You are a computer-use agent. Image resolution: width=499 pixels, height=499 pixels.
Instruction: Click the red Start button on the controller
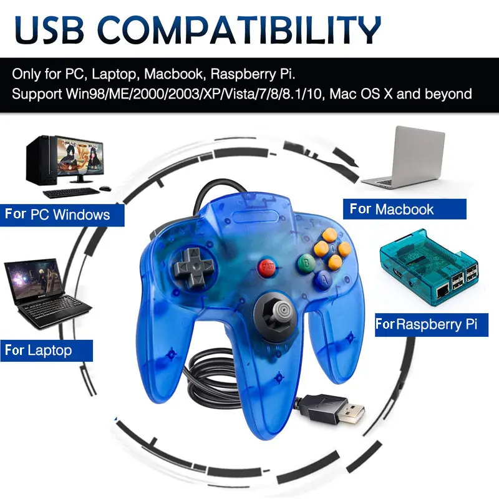click(x=268, y=268)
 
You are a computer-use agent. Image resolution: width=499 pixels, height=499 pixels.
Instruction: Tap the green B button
click(x=306, y=263)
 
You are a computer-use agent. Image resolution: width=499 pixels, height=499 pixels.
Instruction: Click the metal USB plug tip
click(x=352, y=413)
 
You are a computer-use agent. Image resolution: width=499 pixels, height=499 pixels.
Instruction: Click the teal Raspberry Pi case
click(x=430, y=268)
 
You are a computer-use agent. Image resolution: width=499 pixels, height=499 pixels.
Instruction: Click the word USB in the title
click(x=49, y=29)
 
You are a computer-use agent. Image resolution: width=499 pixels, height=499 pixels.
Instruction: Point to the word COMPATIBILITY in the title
click(x=240, y=29)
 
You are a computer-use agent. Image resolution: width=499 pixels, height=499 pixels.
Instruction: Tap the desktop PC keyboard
click(x=71, y=193)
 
